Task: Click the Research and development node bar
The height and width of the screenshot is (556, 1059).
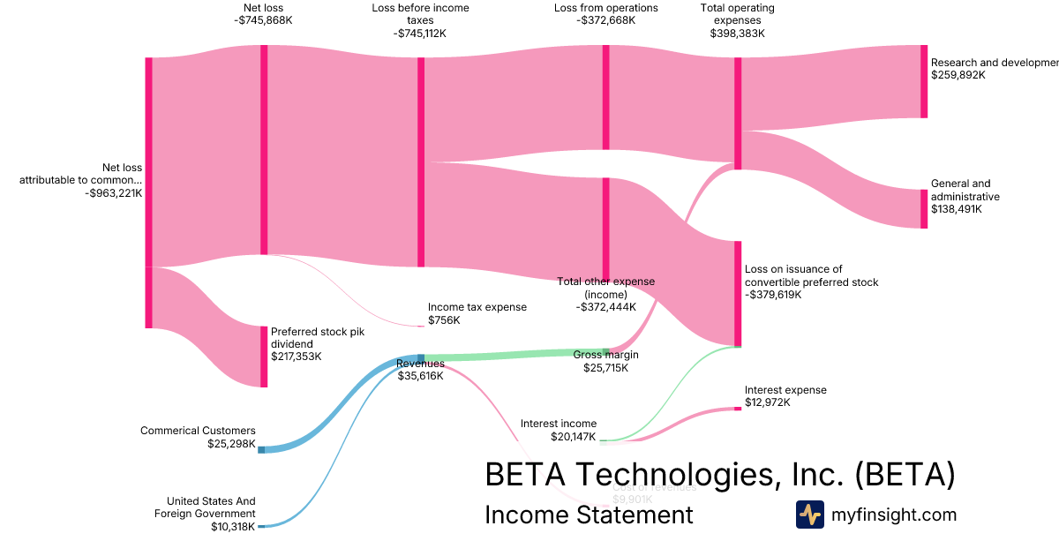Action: (x=924, y=81)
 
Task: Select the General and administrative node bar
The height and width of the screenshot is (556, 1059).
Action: (x=924, y=209)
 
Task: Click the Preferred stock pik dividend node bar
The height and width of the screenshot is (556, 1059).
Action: (x=263, y=357)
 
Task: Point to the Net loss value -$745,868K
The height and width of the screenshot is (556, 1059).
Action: (x=263, y=21)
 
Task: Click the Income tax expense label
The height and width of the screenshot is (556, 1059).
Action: (x=477, y=307)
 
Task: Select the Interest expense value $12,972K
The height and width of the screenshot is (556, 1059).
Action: (x=767, y=402)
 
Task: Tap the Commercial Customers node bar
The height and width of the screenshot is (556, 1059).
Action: (x=261, y=449)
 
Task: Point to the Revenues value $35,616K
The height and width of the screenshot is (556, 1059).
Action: (x=420, y=376)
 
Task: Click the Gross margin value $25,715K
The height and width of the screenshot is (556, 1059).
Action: (x=605, y=368)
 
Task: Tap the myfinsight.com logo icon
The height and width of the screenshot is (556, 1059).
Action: (x=809, y=515)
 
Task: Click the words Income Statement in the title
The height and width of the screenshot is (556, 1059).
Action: (x=589, y=515)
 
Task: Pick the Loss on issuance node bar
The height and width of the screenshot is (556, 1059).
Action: (x=738, y=294)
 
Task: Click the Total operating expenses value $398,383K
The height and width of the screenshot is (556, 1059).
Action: (x=737, y=34)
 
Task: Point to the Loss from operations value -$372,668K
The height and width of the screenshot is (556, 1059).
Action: (x=605, y=21)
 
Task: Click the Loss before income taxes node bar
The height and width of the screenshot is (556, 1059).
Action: (x=421, y=162)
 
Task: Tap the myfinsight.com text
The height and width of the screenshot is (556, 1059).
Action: (x=894, y=515)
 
